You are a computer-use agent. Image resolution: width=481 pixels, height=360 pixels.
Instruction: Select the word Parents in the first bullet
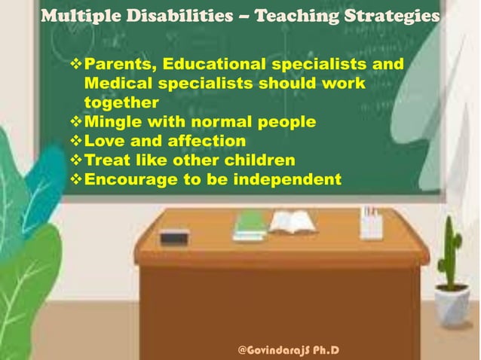coord(121,64)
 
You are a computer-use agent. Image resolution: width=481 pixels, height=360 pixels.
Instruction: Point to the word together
coord(121,102)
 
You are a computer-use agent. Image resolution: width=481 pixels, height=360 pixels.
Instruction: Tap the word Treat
coord(106,160)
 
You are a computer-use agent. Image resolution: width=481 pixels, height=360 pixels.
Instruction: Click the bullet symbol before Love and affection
coord(75,141)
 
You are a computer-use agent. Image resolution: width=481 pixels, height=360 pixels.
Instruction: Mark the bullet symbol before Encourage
coord(75,179)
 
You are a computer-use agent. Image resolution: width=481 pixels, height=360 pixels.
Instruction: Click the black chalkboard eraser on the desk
coord(174,236)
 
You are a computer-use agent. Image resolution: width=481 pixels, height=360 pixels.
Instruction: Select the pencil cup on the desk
coord(371,223)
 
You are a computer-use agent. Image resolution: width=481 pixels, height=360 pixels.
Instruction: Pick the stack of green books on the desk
coord(250,225)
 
